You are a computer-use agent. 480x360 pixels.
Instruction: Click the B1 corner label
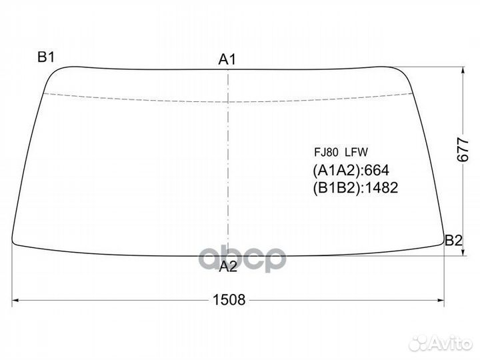tap(45, 57)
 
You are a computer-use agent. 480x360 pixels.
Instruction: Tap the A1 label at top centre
tap(228, 60)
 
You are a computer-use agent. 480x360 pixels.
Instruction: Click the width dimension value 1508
tap(229, 300)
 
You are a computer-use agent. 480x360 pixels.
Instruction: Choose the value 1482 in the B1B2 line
tap(382, 188)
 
